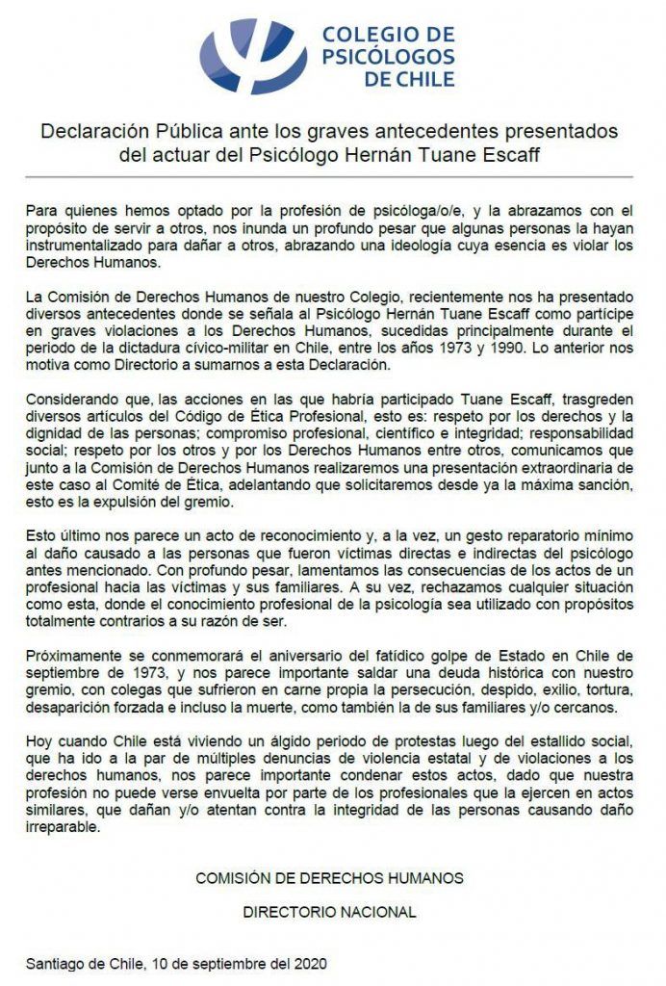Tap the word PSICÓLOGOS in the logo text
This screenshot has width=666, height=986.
(x=388, y=57)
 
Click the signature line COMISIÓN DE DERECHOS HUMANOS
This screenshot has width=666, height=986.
(x=329, y=878)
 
